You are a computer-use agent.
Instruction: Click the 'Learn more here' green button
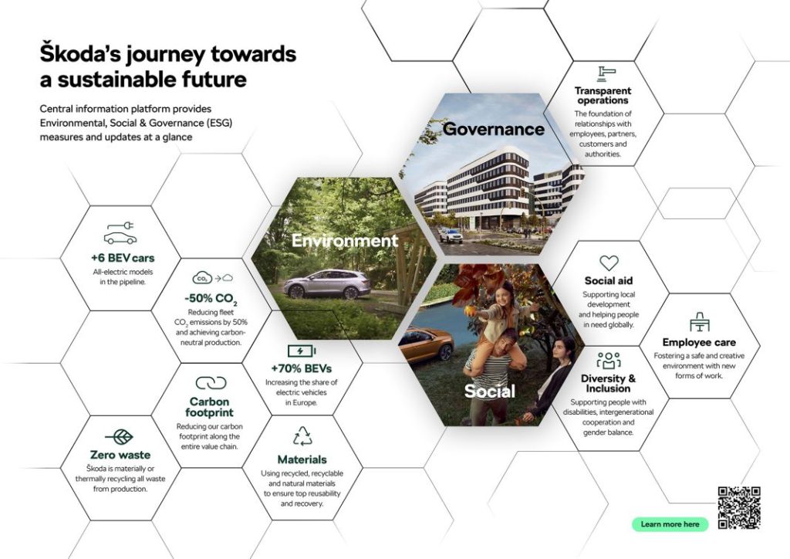coord(670,524)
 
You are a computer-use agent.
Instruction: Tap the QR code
coord(738,508)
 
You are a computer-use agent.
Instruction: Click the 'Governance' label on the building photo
coord(493,129)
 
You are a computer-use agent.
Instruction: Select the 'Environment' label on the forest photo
coord(344,241)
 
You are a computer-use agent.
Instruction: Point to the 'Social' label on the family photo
coord(489,391)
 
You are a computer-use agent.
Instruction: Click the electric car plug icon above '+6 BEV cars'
coord(120,233)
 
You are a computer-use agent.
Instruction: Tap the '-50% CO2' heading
coord(211,299)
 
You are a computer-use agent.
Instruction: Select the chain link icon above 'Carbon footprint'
coord(211,383)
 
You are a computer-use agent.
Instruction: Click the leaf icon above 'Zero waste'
coord(119,436)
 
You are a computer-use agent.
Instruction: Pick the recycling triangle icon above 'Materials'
coord(302,437)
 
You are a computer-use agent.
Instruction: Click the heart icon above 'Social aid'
coord(609,263)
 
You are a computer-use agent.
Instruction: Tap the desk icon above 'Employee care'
coord(699,323)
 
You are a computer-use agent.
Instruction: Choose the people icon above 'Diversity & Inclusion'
coord(609,360)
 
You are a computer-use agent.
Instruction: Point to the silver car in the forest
coord(326,284)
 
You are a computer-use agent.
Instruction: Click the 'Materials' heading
coord(302,459)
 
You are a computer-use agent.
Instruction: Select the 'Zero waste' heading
coord(120,455)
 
